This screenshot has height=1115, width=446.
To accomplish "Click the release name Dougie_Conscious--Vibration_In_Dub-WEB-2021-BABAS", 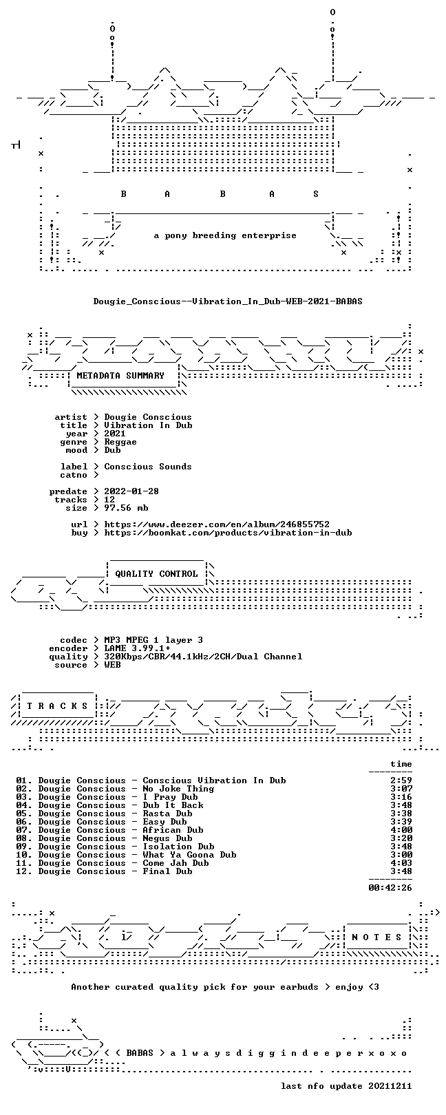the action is point(228,301).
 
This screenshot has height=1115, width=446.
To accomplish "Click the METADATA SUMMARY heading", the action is point(120,376).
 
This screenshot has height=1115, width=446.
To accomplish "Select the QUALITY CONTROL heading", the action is point(156,574).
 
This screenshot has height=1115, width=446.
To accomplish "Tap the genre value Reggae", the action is point(120,442).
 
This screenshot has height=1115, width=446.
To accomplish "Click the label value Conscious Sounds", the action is point(148,467).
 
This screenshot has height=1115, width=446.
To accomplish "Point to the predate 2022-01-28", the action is point(131,491).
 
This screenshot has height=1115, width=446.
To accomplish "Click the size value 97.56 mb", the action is point(126,508).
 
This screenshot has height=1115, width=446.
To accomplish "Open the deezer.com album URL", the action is point(217,524).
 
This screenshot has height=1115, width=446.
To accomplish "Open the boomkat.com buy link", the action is point(228,533).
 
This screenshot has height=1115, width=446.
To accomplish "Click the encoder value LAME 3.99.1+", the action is point(137,648).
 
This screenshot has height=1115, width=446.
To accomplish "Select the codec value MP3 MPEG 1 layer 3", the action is point(153,640).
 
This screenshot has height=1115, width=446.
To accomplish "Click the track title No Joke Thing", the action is point(178,789).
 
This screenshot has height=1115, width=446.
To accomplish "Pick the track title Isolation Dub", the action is point(178,846).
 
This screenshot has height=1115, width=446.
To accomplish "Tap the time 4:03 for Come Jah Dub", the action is point(401,862).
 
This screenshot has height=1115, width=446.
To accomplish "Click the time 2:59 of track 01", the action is point(401,780).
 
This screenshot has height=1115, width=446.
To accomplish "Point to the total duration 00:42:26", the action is point(390,887).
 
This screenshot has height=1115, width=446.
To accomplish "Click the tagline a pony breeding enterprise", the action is point(225,235).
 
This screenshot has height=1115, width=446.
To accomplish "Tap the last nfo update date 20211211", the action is point(390,1085).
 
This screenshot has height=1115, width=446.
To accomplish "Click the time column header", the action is point(401,764).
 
